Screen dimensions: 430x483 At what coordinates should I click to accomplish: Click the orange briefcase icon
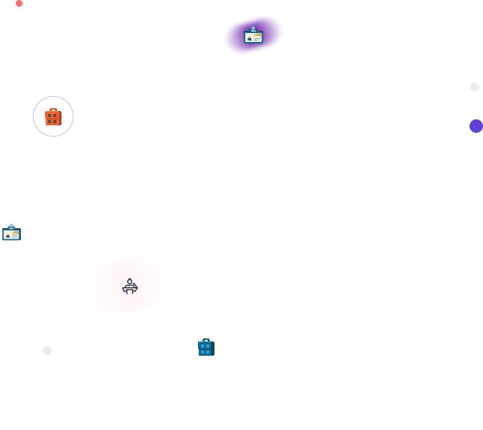pyautogui.click(x=52, y=117)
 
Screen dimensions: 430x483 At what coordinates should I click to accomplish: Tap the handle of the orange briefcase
pyautogui.click(x=52, y=110)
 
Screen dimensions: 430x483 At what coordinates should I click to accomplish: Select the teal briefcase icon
pyautogui.click(x=205, y=347)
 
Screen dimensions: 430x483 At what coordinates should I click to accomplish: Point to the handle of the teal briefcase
pyautogui.click(x=205, y=341)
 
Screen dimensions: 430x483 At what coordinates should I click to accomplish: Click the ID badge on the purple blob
pyautogui.click(x=253, y=36)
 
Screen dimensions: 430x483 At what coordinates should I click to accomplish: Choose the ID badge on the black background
pyautogui.click(x=11, y=233)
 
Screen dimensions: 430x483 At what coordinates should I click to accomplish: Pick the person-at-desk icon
pyautogui.click(x=130, y=286)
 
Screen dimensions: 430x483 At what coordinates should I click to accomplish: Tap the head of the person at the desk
pyautogui.click(x=130, y=281)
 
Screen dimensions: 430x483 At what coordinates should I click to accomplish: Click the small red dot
pyautogui.click(x=19, y=3)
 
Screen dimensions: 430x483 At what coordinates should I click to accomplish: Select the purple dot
pyautogui.click(x=476, y=126)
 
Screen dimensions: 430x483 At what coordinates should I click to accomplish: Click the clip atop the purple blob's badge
pyautogui.click(x=253, y=29)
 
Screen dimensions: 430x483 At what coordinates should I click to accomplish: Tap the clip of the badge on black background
pyautogui.click(x=11, y=227)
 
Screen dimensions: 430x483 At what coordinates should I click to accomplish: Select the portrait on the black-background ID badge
pyautogui.click(x=7, y=235)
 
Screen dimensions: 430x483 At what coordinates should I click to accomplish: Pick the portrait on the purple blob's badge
pyautogui.click(x=249, y=38)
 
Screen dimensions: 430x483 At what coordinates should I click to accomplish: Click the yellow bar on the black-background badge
pyautogui.click(x=15, y=233)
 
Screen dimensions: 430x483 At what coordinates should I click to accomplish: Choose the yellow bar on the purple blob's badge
pyautogui.click(x=257, y=35)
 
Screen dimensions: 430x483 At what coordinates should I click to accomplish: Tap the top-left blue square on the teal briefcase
pyautogui.click(x=202, y=346)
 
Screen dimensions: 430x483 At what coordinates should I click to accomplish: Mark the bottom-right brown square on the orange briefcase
pyautogui.click(x=56, y=122)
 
